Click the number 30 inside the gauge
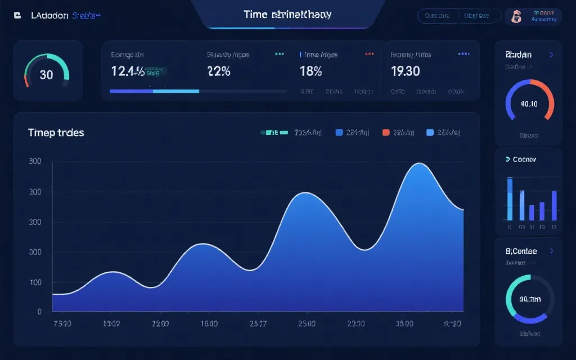pos(46,74)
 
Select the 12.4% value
pos(128,71)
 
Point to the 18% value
pos(311,71)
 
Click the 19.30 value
pos(405,71)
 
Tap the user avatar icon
pos(515,17)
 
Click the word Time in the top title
pos(255,15)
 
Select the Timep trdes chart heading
pos(56,133)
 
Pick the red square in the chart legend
pos(386,133)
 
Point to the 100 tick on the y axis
pos(35,282)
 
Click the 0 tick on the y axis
pos(39,311)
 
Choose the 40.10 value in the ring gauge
pos(529,103)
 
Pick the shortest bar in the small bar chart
pos(532,212)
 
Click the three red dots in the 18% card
pos(370,54)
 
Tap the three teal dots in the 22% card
pos(279,54)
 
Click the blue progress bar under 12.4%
pos(154,91)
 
